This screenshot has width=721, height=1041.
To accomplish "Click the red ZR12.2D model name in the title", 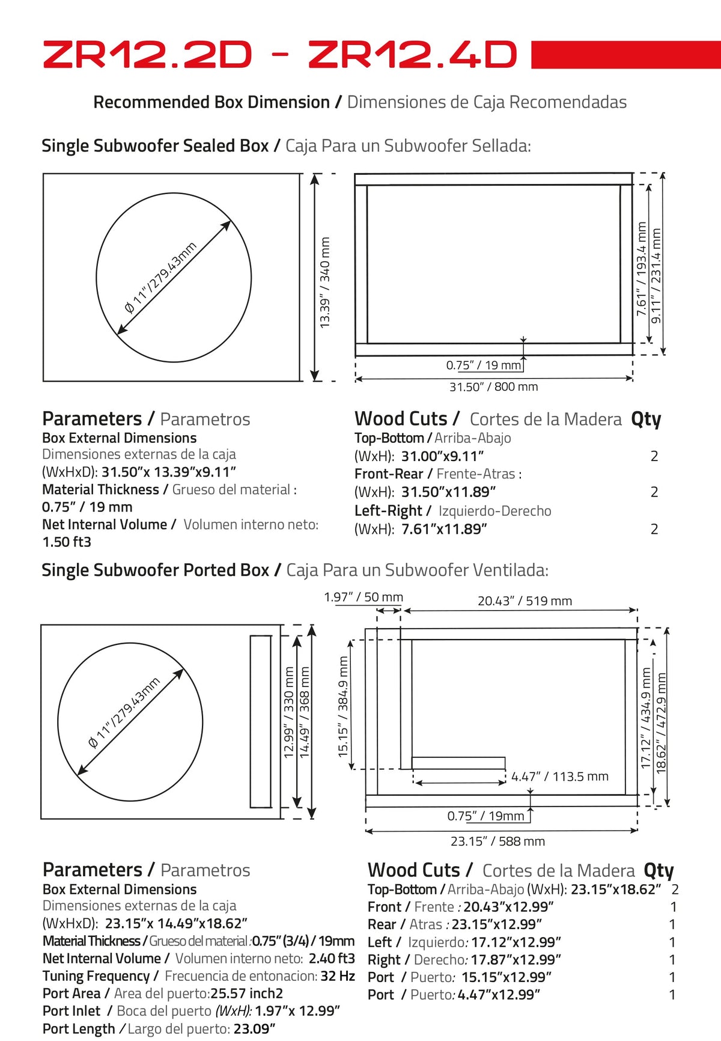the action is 147,55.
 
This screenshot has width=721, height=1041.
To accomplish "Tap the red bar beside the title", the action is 626,55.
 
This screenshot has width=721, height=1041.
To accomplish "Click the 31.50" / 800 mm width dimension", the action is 494,386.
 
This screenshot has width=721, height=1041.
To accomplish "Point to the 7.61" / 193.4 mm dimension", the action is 641,269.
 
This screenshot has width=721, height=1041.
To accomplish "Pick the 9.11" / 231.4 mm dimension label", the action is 656,275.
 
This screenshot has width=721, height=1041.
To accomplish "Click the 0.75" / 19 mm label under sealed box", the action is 484,365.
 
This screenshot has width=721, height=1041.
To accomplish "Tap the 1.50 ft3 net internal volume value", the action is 67,542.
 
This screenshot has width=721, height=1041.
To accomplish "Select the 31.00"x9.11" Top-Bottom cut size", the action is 443,456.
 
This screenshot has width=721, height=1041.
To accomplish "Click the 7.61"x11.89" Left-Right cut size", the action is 444,529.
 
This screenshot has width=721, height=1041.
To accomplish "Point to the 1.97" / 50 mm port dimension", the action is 364,597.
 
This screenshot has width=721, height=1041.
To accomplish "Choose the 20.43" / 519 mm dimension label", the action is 525,600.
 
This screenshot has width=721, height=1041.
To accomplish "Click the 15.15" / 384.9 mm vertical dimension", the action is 343,706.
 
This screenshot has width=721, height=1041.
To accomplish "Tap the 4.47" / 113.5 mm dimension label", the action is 560,777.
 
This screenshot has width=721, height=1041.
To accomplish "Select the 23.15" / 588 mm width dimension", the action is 498,841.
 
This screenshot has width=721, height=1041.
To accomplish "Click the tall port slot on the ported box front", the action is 260,721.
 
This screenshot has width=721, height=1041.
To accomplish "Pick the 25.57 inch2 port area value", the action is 246,994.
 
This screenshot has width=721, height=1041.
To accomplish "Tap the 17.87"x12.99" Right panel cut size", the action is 516,960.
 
